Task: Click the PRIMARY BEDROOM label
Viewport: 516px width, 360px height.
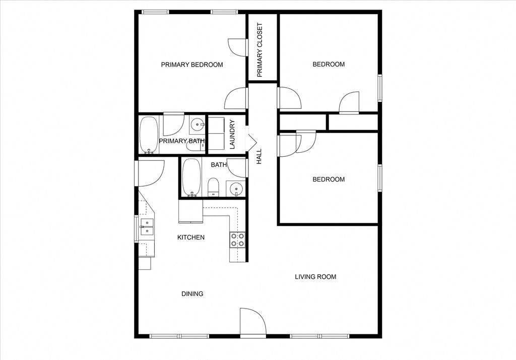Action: pyautogui.click(x=191, y=65)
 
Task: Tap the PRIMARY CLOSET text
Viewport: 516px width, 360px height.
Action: pyautogui.click(x=260, y=49)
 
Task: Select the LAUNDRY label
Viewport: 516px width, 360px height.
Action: pyautogui.click(x=232, y=135)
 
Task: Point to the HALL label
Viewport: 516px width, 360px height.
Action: pyautogui.click(x=260, y=156)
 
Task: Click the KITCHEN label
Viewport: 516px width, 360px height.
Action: pyautogui.click(x=190, y=237)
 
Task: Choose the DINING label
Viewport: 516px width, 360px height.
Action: pyautogui.click(x=192, y=293)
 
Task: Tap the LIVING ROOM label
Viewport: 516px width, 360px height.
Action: pyautogui.click(x=315, y=276)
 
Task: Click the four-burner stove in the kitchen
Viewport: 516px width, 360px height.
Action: pyautogui.click(x=237, y=239)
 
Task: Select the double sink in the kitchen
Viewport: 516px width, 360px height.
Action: pyautogui.click(x=147, y=227)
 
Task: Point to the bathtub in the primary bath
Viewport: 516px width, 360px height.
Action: pyautogui.click(x=149, y=134)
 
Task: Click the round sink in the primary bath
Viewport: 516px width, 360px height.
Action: pyautogui.click(x=197, y=124)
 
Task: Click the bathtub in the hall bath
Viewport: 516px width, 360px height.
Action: pyautogui.click(x=191, y=177)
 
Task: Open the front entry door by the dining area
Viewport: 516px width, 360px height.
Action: pyautogui.click(x=252, y=323)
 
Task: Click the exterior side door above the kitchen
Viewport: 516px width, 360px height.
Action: pyautogui.click(x=150, y=172)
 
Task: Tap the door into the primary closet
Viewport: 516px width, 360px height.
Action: pyautogui.click(x=238, y=47)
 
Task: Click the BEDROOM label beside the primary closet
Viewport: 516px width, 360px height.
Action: pyautogui.click(x=329, y=64)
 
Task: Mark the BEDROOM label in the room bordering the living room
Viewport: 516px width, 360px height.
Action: pyautogui.click(x=329, y=179)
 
